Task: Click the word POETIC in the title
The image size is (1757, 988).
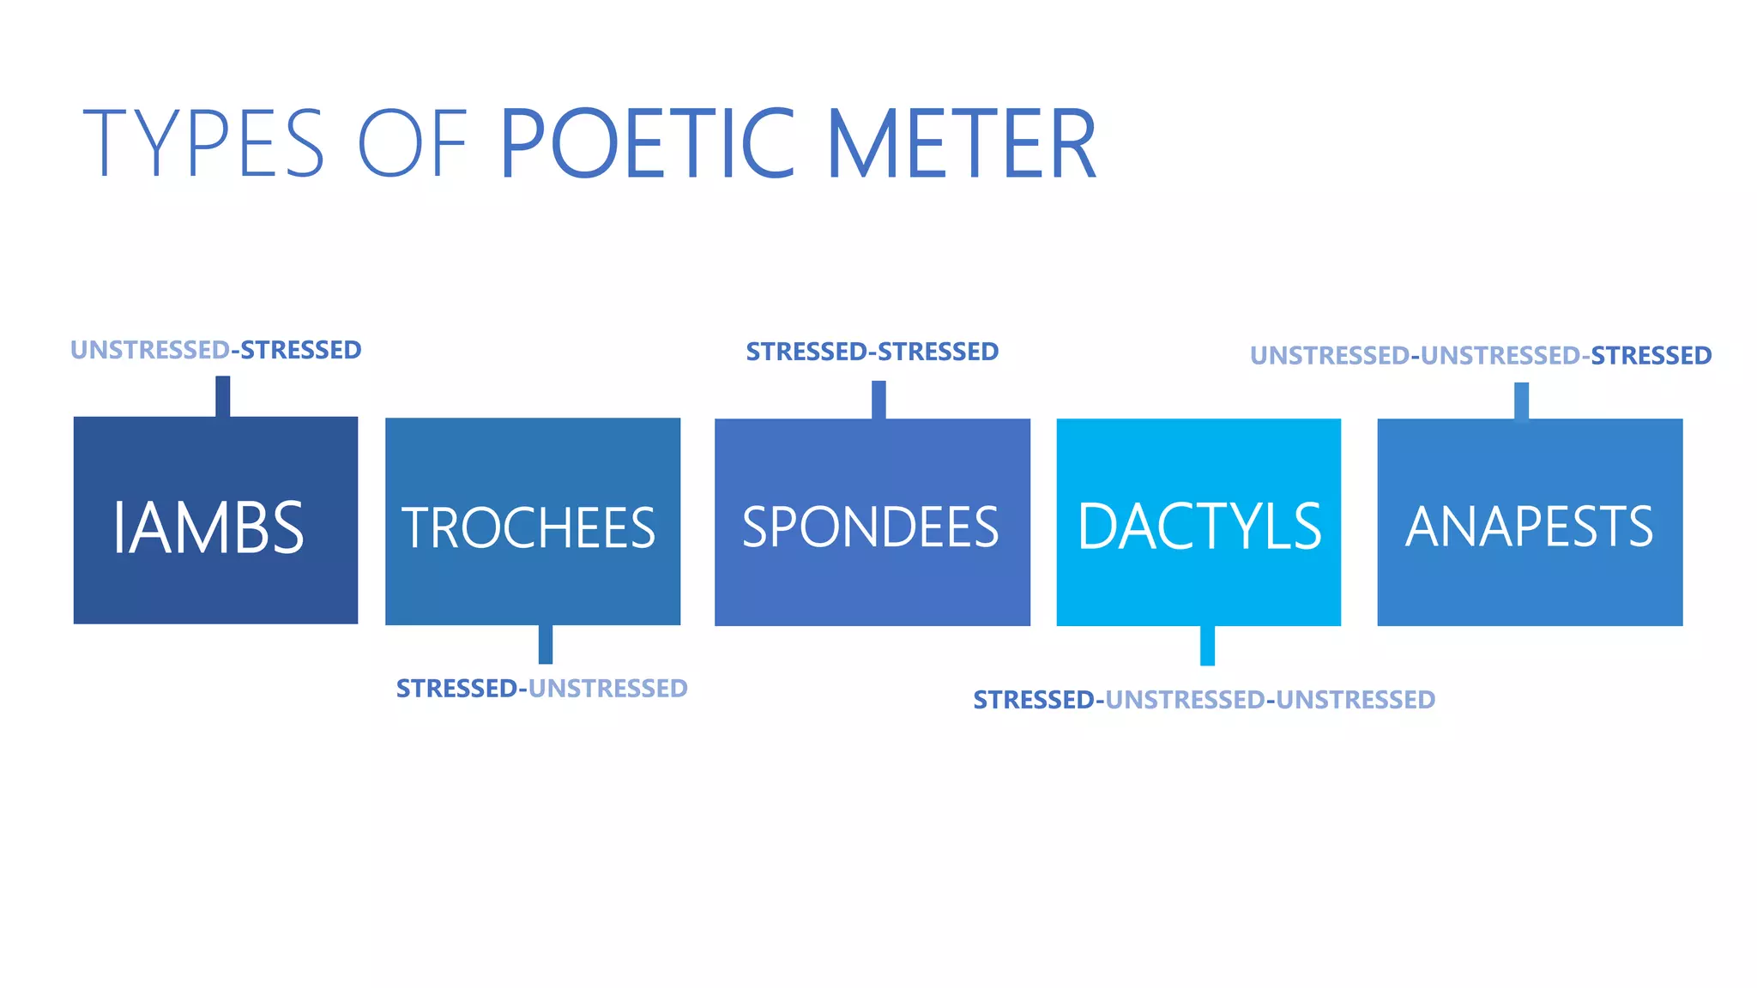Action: (648, 143)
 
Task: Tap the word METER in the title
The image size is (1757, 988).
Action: (961, 143)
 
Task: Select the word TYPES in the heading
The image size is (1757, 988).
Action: (203, 143)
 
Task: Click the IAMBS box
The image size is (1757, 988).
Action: (215, 520)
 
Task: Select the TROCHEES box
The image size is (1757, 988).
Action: (532, 521)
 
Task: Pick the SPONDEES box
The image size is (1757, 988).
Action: (872, 522)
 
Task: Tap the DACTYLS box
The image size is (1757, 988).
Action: (1199, 522)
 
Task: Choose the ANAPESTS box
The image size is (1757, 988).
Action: (1530, 522)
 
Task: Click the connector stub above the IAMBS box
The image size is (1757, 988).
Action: (222, 396)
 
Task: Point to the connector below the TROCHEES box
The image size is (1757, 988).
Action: (546, 644)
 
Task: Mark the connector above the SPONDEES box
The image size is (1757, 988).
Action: (878, 400)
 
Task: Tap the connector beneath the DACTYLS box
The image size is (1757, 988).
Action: (1207, 645)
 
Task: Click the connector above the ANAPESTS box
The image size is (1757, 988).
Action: (1521, 401)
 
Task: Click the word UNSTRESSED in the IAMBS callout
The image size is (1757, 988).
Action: (149, 350)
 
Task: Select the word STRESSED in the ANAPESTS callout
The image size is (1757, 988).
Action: (1651, 355)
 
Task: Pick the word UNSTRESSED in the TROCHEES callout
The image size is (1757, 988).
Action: (607, 689)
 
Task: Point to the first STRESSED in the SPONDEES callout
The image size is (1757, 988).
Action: (806, 352)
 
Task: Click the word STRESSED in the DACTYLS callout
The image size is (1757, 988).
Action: (1034, 700)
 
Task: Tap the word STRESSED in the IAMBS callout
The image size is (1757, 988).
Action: (300, 350)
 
